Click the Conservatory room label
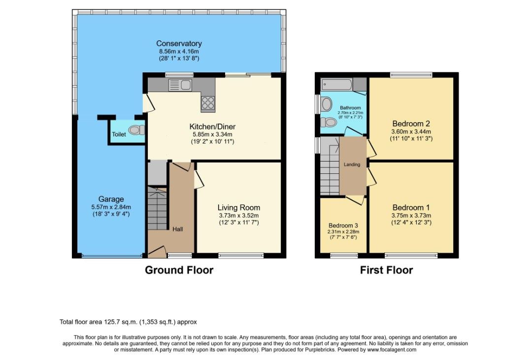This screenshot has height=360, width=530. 179,44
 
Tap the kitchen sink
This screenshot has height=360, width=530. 180,85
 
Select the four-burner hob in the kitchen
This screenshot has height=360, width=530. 208,102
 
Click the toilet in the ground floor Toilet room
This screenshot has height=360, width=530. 136,130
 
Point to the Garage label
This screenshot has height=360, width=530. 111,199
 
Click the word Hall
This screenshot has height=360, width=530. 178,229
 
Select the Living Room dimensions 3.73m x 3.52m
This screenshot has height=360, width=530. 238,215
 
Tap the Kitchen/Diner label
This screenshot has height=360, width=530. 212,127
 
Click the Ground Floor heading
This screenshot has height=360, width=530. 179,270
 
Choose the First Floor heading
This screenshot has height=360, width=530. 386,270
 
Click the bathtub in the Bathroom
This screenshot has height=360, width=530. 337,84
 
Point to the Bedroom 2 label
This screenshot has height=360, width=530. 411,124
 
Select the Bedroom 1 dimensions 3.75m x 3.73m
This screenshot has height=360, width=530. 411,215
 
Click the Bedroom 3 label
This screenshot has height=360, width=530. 343,226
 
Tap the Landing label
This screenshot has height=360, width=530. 352,164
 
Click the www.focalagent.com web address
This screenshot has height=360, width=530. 392,350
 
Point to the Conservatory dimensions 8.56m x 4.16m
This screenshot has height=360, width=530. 179,52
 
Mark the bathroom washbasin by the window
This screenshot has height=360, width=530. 326,104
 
